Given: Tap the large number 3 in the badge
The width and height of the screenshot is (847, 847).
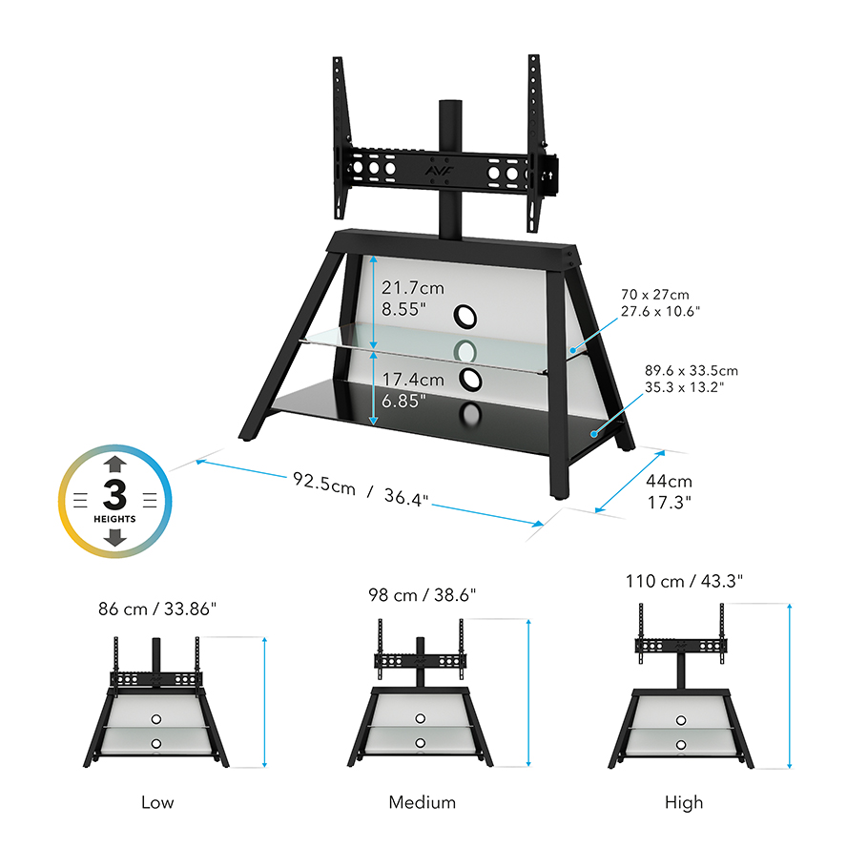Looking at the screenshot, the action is tap(114, 494).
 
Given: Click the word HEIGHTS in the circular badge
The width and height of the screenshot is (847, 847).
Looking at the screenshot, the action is tap(114, 519).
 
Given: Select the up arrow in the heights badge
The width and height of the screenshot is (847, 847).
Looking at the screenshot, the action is tap(115, 465).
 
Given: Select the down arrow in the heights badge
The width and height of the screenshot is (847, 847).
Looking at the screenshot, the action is tap(115, 537).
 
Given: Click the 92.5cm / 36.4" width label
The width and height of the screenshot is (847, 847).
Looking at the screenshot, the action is tap(361, 489).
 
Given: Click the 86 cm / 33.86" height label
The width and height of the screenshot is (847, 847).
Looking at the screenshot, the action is tap(157, 609).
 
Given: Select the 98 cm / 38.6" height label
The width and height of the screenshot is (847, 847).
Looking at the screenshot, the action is tap(422, 595).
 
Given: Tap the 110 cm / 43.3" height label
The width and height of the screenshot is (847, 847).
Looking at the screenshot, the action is tap(684, 581).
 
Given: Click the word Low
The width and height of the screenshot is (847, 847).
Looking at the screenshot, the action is tap(157, 802).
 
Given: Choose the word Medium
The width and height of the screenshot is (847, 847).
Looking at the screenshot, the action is tap(422, 802).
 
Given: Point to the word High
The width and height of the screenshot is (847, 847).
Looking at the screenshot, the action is tap(684, 803).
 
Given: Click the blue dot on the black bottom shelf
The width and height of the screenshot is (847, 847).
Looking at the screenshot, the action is tap(593, 434).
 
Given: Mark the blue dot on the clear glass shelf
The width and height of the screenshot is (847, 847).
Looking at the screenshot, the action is tap(573, 351).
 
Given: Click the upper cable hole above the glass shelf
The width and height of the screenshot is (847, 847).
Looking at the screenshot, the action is tap(465, 317).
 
